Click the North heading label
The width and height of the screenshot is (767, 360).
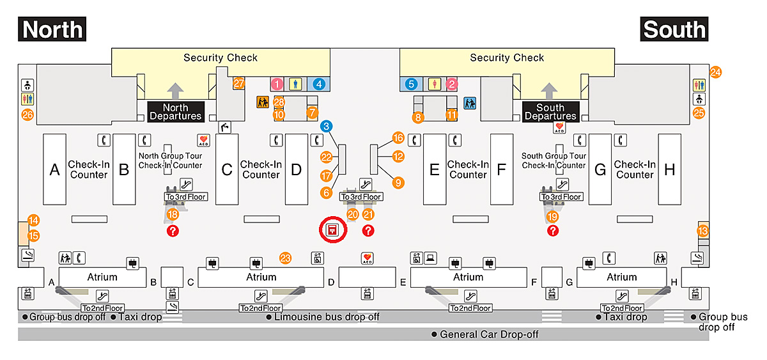pyautogui.click(x=52, y=29)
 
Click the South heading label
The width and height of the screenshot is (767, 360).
pyautogui.click(x=674, y=29)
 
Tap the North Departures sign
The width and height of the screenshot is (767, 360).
pyautogui.click(x=175, y=112)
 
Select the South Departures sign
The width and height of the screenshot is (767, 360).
pyautogui.click(x=550, y=112)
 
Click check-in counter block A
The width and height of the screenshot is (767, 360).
pyautogui.click(x=54, y=169)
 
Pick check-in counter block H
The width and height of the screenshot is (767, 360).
pyautogui.click(x=669, y=169)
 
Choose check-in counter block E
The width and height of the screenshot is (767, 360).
pyautogui.click(x=435, y=169)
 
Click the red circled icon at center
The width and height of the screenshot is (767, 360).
pyautogui.click(x=332, y=230)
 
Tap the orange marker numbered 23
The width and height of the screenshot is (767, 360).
pyautogui.click(x=286, y=258)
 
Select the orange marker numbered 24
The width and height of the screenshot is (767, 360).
pyautogui.click(x=715, y=72)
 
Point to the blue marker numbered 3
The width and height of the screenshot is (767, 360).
pyautogui.click(x=327, y=126)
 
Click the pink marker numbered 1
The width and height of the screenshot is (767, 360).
pyautogui.click(x=277, y=84)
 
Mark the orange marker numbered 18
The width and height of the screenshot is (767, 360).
pyautogui.click(x=172, y=214)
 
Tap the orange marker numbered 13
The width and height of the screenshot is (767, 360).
pyautogui.click(x=703, y=231)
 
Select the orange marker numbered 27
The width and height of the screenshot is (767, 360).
pyautogui.click(x=239, y=83)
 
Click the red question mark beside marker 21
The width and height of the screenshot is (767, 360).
pyautogui.click(x=368, y=230)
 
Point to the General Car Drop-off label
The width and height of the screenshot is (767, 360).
pyautogui.click(x=485, y=334)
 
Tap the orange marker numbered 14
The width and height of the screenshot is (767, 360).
pyautogui.click(x=34, y=221)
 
